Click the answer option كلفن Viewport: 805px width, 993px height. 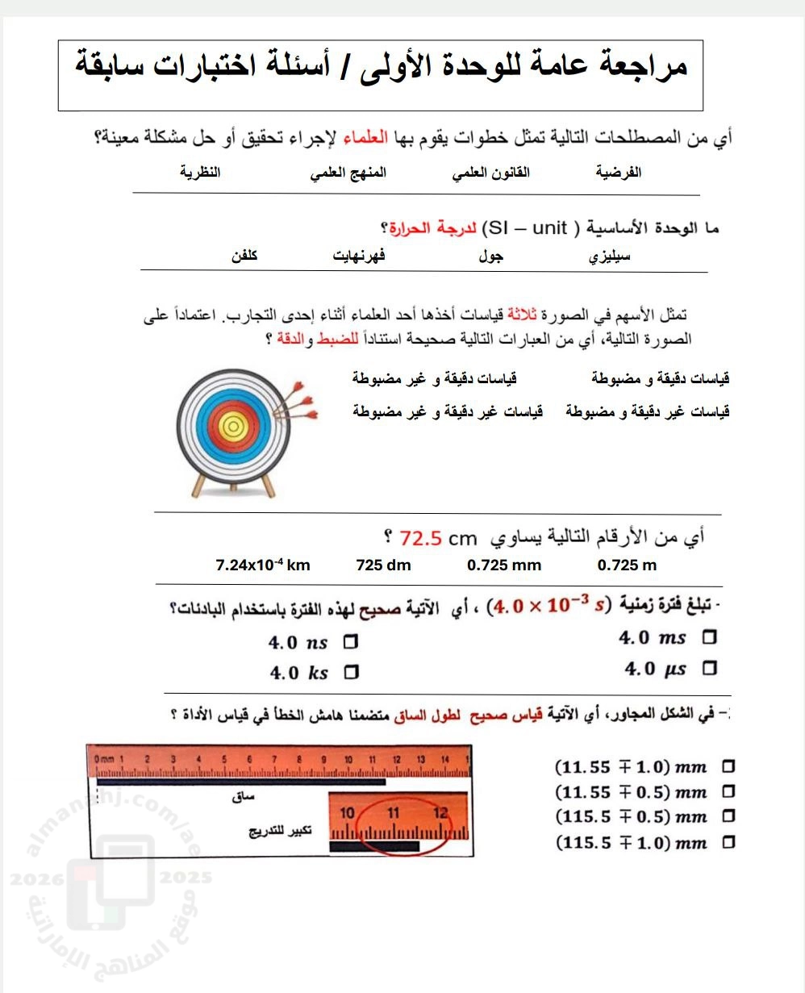tap(244, 256)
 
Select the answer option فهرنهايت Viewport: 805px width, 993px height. tap(359, 256)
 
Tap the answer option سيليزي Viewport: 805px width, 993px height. tap(611, 257)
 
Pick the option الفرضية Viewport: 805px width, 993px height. tap(619, 173)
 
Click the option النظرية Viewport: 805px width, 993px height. tap(200, 173)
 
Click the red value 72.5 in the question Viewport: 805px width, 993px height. tap(419, 537)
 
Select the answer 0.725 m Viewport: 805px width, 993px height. tap(627, 565)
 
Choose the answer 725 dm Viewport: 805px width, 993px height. tap(383, 565)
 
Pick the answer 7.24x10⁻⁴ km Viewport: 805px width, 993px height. tap(263, 565)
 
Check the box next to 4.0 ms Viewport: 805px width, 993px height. tap(710, 637)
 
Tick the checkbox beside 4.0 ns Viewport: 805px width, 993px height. tap(351, 643)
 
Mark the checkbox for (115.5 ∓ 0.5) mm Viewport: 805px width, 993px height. tap(729, 816)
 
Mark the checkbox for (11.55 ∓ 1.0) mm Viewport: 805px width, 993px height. tap(729, 766)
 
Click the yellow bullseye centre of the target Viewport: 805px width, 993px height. tap(231, 423)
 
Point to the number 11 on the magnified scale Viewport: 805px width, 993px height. tap(393, 812)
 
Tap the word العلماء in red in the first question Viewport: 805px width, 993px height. tap(367, 138)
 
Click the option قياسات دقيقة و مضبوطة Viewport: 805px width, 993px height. tap(661, 378)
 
